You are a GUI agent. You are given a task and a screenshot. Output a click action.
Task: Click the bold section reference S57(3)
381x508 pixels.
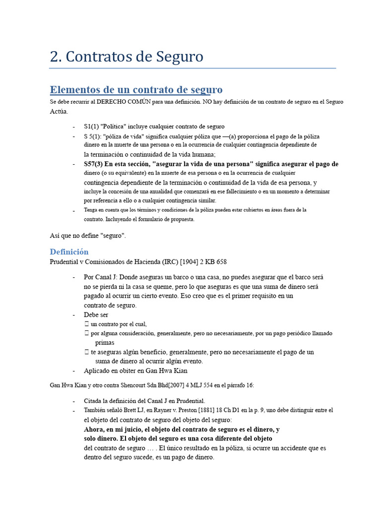coord(93,164)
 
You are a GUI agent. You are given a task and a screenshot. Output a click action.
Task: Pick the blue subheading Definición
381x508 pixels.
coord(69,252)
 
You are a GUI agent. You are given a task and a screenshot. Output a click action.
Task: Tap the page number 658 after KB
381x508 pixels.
coord(221,261)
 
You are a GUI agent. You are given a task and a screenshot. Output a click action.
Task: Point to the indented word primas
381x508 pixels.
coord(105,343)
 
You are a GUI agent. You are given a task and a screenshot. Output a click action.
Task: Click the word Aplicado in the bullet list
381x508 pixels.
coord(97,371)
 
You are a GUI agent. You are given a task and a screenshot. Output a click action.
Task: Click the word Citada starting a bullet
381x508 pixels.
coord(94,401)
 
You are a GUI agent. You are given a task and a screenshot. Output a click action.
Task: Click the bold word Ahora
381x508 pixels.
coord(95,429)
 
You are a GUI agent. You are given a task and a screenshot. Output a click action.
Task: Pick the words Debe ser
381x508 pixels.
coord(96,315)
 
